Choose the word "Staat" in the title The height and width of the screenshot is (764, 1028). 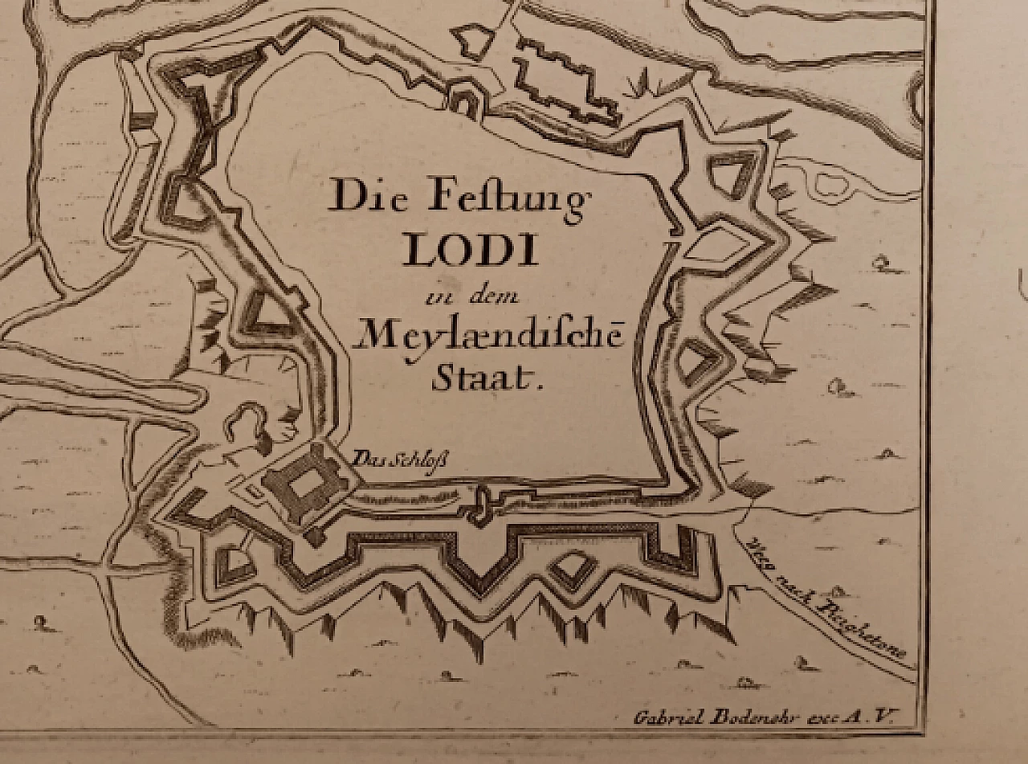coord(486,378)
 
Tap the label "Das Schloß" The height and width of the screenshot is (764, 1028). coord(400,460)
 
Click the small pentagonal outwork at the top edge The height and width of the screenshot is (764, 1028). coord(471,42)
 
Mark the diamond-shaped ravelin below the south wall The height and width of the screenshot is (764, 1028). coord(572,567)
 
